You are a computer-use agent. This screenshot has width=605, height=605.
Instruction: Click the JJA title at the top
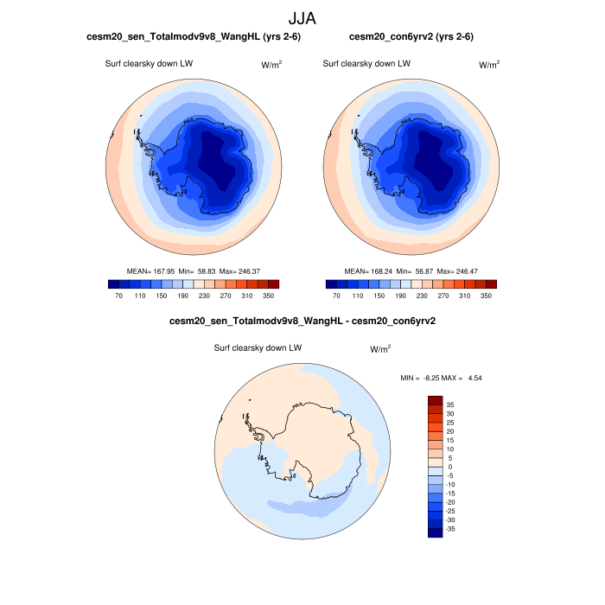coord(302,17)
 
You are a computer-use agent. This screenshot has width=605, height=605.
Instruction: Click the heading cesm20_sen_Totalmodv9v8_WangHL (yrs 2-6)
coord(194,37)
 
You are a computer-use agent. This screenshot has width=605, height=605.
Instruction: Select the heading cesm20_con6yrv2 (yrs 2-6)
coord(411,37)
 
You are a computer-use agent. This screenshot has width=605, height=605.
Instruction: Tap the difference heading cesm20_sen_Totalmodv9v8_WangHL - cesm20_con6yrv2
coord(302,323)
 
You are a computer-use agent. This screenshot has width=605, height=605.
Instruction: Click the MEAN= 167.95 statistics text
coord(194,271)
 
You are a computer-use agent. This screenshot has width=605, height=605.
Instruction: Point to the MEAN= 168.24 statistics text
coord(411,271)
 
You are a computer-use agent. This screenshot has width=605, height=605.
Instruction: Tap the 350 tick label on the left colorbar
coord(269,296)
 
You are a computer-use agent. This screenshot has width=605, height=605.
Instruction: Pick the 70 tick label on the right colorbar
coord(337,296)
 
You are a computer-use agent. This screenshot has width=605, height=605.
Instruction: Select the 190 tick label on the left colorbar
coord(182,296)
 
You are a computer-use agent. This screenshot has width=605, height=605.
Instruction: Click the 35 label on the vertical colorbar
coord(450,404)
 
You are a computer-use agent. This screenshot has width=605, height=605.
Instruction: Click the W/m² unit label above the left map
coord(271,65)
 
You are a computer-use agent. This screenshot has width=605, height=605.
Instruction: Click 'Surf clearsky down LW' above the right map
coord(366,64)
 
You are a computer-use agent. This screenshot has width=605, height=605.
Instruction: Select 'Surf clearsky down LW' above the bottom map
coord(258,348)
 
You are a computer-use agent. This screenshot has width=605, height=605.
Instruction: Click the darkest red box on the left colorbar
coord(274,283)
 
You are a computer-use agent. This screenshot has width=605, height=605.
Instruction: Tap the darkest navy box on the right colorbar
coord(331,283)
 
